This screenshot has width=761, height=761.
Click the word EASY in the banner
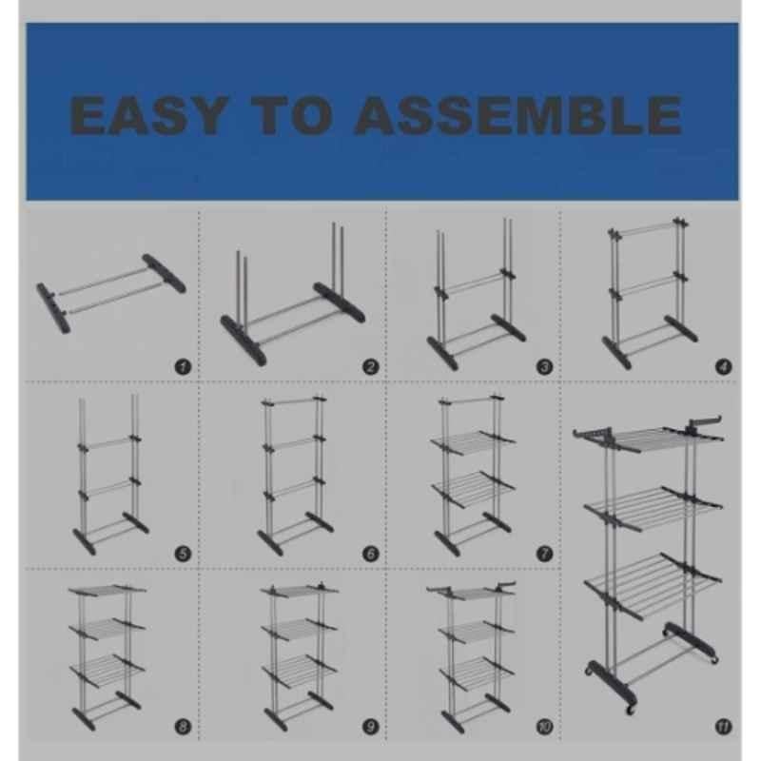point(148,115)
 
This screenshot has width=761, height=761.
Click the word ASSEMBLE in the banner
point(518,115)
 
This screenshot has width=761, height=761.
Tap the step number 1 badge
point(183,367)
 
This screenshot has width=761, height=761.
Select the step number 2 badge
point(371,367)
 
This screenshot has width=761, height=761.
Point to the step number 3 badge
point(544,367)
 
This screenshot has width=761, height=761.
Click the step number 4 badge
point(724,367)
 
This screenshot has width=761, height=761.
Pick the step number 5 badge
point(183,554)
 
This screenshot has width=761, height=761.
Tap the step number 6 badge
point(371,554)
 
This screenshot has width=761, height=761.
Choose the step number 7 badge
point(544,554)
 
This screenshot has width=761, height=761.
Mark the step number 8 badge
point(183,727)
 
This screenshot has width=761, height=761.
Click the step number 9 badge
point(371,727)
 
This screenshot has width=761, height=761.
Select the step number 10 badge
point(544,727)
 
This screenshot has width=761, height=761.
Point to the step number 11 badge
point(724,727)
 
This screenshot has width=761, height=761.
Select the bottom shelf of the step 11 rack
point(654,579)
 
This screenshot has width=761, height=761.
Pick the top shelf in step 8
point(107,589)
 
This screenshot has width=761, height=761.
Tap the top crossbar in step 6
point(294,400)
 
